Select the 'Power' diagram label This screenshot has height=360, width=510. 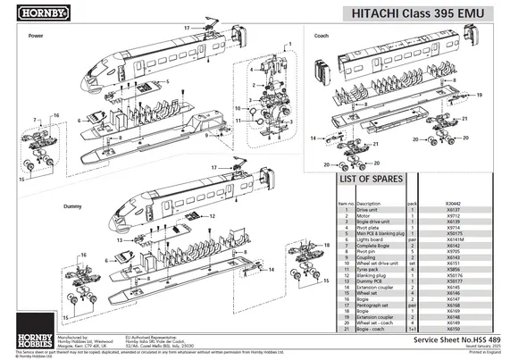[36, 36]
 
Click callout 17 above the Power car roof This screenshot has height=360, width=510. [187, 29]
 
